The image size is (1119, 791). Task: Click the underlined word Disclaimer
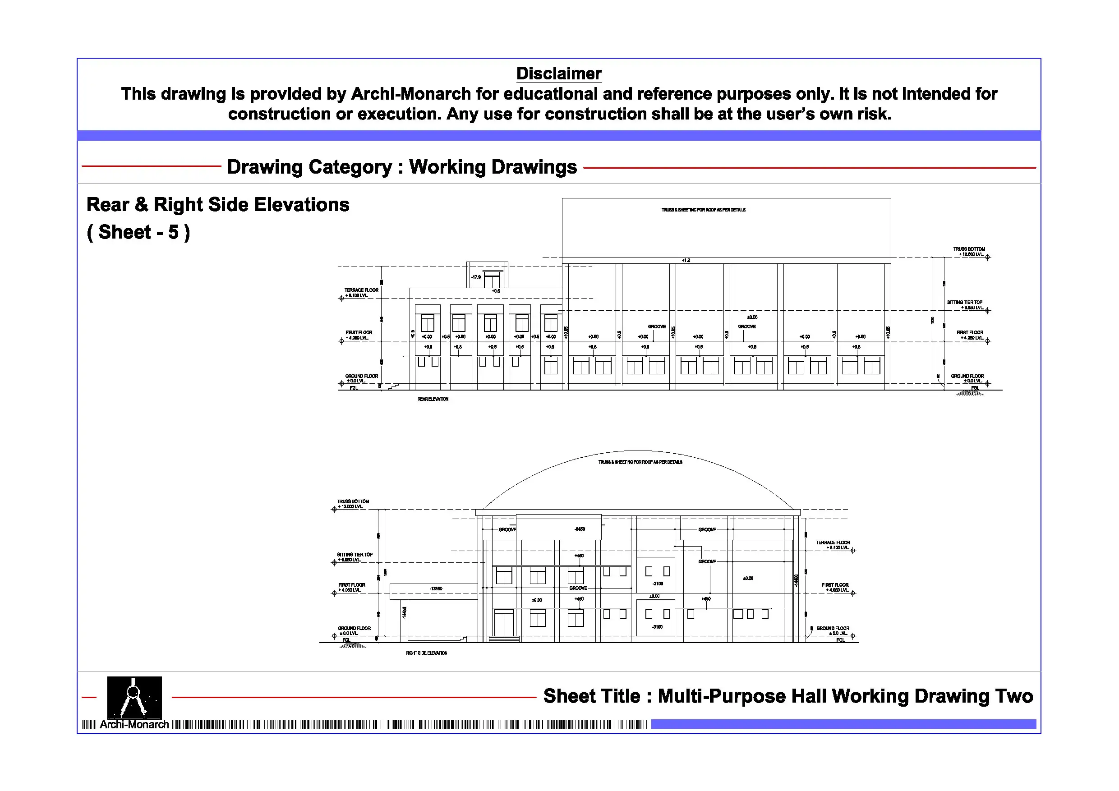click(x=558, y=74)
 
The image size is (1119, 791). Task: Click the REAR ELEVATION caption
click(x=433, y=399)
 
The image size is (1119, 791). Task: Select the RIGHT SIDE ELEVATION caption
click(x=427, y=653)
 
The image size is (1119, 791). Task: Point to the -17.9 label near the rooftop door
click(x=476, y=277)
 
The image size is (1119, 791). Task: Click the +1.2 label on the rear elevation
click(x=686, y=260)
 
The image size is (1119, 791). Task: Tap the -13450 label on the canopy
click(x=436, y=589)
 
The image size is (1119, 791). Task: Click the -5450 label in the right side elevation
click(x=580, y=529)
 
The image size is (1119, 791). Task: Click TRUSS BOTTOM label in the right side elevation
click(x=353, y=501)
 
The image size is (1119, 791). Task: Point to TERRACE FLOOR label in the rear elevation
click(x=361, y=290)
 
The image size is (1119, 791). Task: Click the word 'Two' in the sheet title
click(x=1014, y=696)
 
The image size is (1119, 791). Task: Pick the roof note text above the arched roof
click(x=640, y=462)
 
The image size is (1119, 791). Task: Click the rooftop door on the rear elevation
click(x=492, y=280)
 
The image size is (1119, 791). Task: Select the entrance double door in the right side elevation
click(x=504, y=623)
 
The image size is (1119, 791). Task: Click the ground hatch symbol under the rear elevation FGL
click(x=969, y=393)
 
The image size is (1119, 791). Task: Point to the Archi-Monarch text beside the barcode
click(x=134, y=725)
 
